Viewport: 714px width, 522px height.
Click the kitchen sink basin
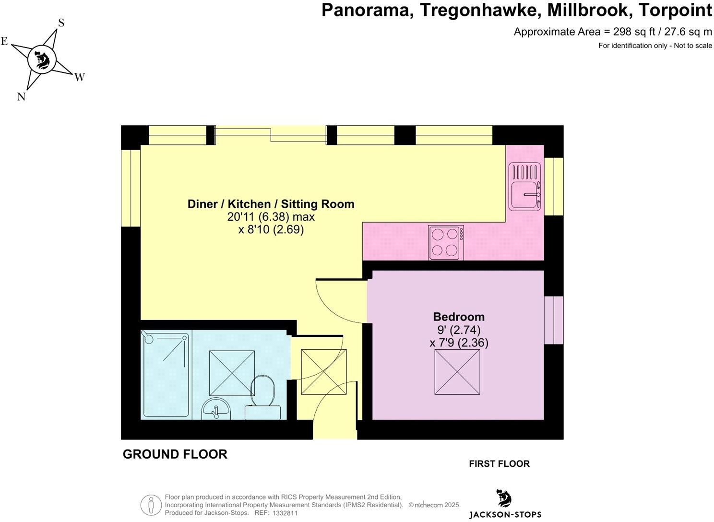pyautogui.click(x=524, y=195)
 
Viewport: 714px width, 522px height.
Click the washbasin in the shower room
pyautogui.click(x=216, y=409)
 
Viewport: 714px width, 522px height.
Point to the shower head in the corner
pyautogui.click(x=149, y=338)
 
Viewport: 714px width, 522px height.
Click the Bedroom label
pyautogui.click(x=459, y=317)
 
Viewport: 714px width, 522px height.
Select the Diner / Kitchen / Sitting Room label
pyautogui.click(x=271, y=204)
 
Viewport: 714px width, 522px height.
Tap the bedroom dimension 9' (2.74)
pyautogui.click(x=459, y=330)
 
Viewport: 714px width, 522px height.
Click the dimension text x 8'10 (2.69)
pyautogui.click(x=271, y=230)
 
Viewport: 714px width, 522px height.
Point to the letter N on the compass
pyautogui.click(x=21, y=96)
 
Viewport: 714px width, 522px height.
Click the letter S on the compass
pyautogui.click(x=61, y=23)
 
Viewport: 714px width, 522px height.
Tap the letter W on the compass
pyautogui.click(x=79, y=77)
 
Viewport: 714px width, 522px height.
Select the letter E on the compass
pyautogui.click(x=4, y=41)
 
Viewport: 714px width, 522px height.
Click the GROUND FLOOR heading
pyautogui.click(x=175, y=454)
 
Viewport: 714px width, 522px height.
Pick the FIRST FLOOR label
pyautogui.click(x=499, y=463)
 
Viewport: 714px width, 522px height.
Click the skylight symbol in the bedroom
pyautogui.click(x=457, y=372)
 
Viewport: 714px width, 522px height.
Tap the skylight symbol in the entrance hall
pyautogui.click(x=323, y=372)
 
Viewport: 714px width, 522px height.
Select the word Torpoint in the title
pyautogui.click(x=677, y=10)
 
